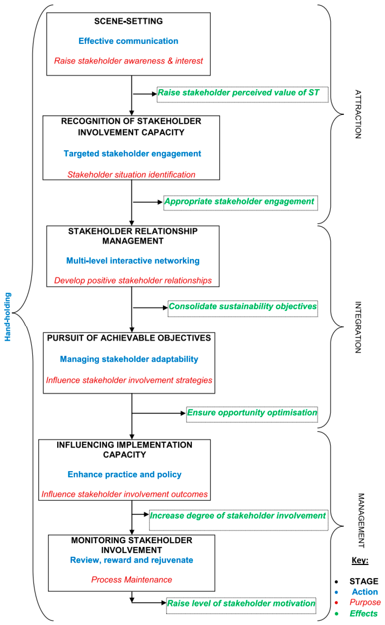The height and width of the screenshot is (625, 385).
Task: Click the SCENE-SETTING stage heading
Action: (x=128, y=21)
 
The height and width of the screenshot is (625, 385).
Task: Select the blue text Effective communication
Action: (x=128, y=41)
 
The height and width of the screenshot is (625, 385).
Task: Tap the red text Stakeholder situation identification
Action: (x=131, y=175)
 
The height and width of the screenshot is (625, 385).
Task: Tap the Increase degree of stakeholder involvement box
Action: (x=238, y=520)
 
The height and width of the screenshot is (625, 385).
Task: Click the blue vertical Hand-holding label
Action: (x=8, y=317)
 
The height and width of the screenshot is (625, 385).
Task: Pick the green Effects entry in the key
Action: (x=363, y=614)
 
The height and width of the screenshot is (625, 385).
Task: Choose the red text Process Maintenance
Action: (x=131, y=580)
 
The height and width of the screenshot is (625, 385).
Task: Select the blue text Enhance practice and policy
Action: (x=124, y=474)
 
